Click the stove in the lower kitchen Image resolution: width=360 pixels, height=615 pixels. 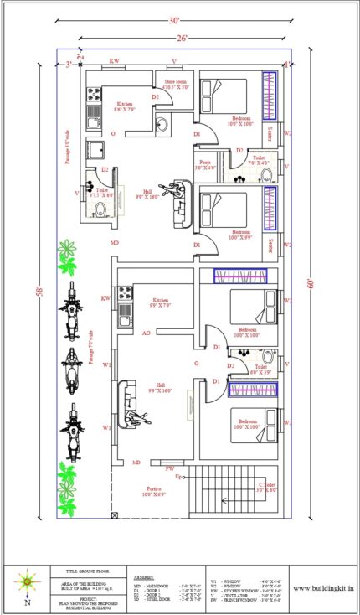coord(126,292)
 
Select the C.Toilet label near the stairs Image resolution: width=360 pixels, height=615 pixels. coord(267,488)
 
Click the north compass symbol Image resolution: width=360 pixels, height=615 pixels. coord(28,580)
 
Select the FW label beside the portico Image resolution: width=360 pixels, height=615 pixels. coord(169,468)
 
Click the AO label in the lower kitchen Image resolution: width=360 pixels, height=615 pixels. coord(146,333)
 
